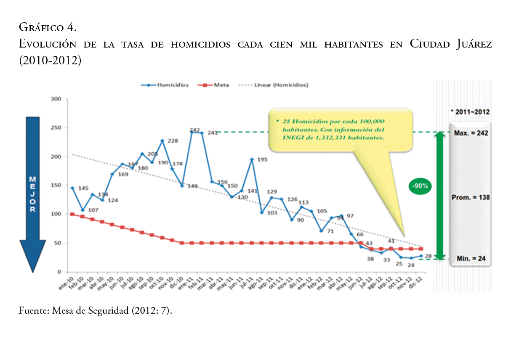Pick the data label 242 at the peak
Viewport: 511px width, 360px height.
pyautogui.click(x=194, y=130)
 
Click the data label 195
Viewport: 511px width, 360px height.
pyautogui.click(x=262, y=159)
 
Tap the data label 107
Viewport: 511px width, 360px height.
pyautogui.click(x=93, y=210)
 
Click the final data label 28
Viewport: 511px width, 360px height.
pyautogui.click(x=428, y=256)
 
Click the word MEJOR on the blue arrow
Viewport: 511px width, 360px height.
pyautogui.click(x=32, y=194)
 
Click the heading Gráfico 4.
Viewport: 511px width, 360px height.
pyautogui.click(x=48, y=28)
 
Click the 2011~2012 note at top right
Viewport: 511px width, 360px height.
pyautogui.click(x=470, y=112)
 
